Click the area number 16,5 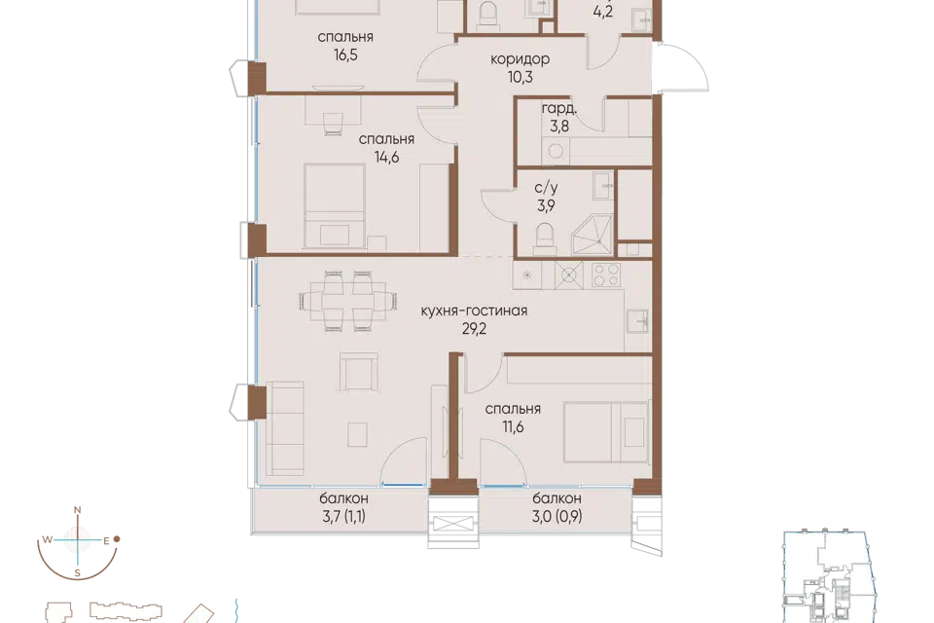pos(345,55)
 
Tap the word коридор pos(520,59)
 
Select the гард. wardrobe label pos(558,108)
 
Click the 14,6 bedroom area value pos(386,158)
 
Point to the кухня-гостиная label pos(474,311)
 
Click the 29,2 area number pos(474,328)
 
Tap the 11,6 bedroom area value pos(513,427)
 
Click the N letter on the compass pos(77,510)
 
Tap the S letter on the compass pos(78,573)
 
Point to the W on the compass pos(47,540)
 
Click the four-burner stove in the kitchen pos(606,275)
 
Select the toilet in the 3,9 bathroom pos(546,238)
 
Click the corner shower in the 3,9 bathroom pos(592,235)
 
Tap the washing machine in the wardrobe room pos(556,152)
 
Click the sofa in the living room pos(285,428)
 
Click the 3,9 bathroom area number pos(546,206)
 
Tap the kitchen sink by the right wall pos(638,320)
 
